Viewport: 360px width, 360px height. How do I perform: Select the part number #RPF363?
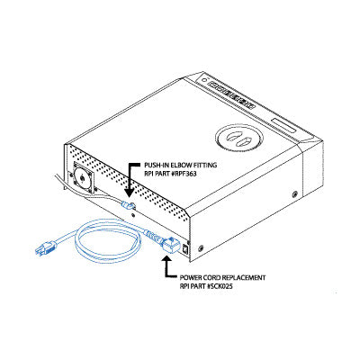tap(183, 174)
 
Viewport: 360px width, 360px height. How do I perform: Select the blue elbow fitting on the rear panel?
tap(128, 206)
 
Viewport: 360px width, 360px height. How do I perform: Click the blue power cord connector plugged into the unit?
tap(171, 246)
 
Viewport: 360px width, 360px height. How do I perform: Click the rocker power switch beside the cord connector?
tap(186, 249)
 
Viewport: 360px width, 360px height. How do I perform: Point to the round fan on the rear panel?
tap(82, 178)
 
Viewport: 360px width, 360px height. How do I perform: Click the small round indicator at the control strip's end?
tap(204, 80)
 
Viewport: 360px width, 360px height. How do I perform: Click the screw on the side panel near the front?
tap(294, 193)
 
